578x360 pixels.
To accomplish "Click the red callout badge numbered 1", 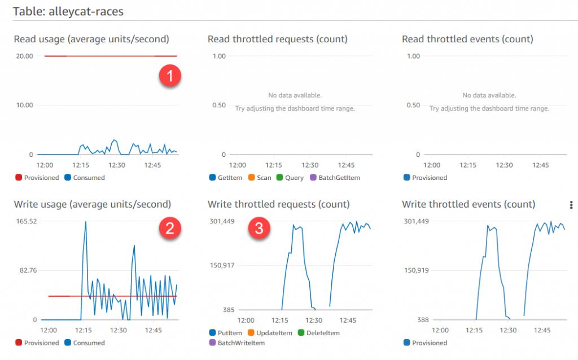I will [170, 75].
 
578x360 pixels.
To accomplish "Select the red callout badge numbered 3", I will [259, 229].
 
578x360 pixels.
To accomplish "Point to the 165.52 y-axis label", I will [25, 221].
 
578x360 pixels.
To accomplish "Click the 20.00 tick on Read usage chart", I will [25, 56].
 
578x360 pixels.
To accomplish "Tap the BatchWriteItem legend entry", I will [238, 343].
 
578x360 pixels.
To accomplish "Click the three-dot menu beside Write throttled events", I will [572, 204].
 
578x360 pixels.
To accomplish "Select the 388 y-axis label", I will [422, 319].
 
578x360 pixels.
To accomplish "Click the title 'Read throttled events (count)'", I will [467, 39].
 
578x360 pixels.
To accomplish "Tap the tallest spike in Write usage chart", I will [86, 222].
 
